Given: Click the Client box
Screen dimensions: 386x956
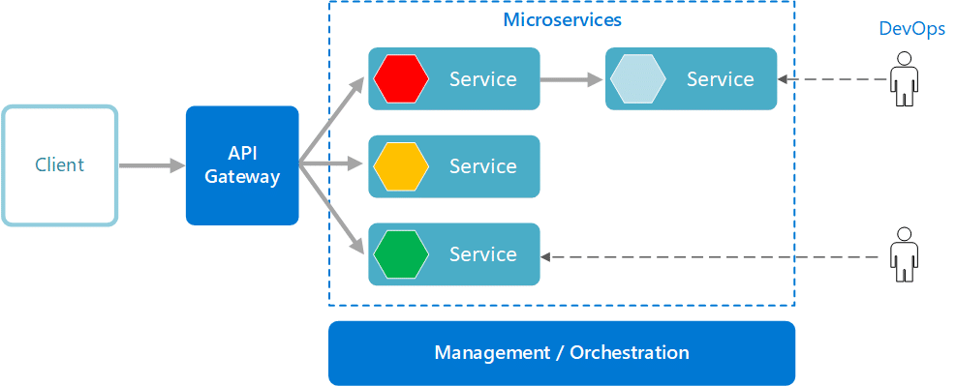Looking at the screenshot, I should click(59, 165).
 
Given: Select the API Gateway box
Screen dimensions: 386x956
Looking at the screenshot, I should click(242, 165).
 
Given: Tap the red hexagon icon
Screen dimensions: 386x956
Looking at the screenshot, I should click(401, 78).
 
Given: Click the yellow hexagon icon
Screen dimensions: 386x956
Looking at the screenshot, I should click(401, 166).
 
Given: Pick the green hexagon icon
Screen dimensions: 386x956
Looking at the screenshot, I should click(401, 254).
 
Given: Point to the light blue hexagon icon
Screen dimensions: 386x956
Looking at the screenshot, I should click(637, 78).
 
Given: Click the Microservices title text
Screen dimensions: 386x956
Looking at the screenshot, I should click(562, 19).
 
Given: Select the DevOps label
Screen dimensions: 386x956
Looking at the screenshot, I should click(911, 29).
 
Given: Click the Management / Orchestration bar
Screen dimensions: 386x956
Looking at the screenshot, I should click(562, 353).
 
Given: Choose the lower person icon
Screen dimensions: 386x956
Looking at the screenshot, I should click(905, 254).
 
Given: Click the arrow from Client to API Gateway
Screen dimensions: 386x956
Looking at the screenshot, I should click(151, 166).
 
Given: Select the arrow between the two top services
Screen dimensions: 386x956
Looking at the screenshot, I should click(571, 79).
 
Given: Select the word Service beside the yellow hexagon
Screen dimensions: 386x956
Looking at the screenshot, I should click(482, 166).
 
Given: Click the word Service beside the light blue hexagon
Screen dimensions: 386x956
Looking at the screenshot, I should click(720, 79).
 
